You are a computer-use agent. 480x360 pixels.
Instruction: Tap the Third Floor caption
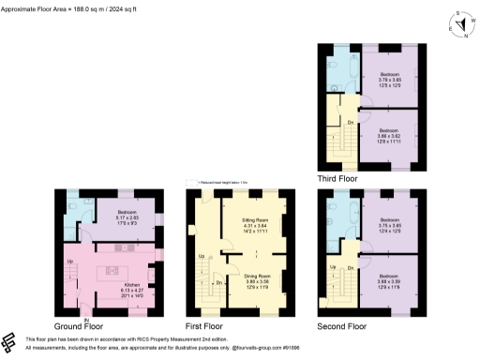coord(339,176)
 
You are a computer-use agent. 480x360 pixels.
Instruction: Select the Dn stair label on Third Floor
coord(350,122)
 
